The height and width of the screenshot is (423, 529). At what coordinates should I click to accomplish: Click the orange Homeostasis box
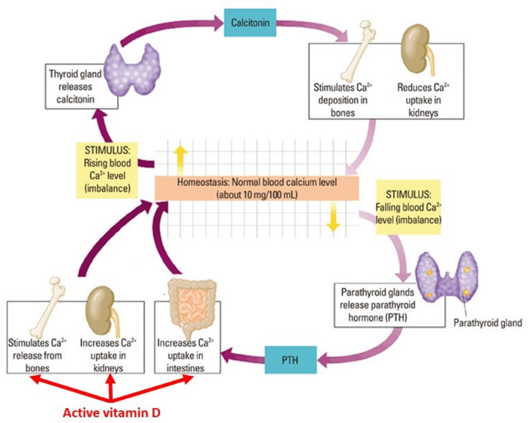click(256, 187)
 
